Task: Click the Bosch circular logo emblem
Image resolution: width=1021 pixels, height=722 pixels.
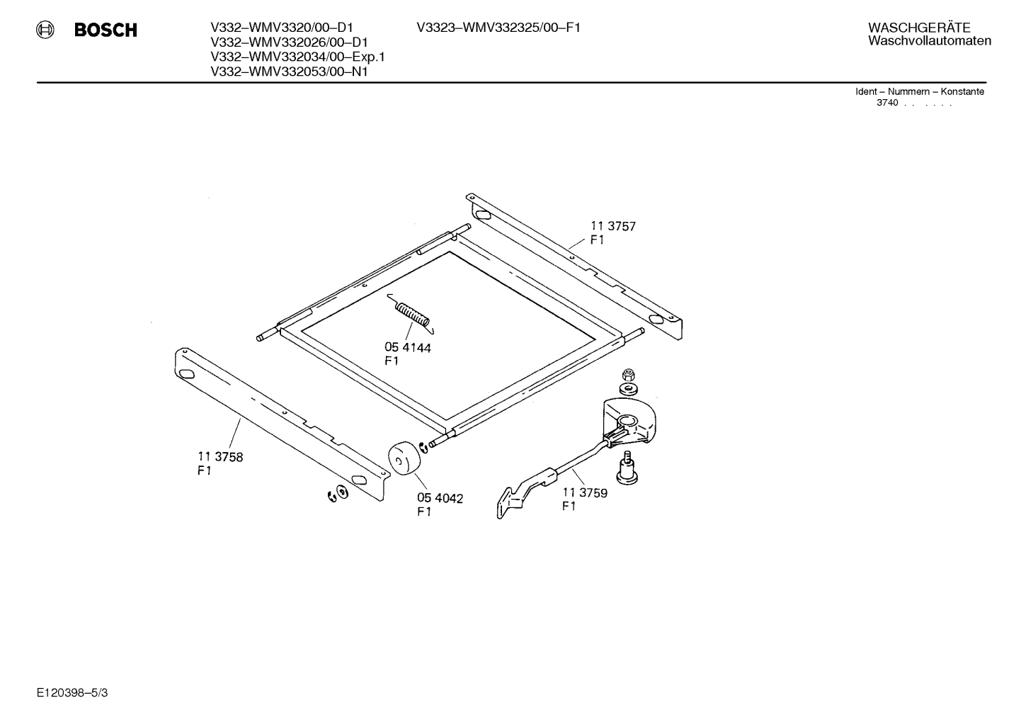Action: tap(45, 30)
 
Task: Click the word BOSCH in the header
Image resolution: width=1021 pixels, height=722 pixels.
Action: tap(105, 30)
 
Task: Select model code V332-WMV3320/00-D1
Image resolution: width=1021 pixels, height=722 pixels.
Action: tap(282, 28)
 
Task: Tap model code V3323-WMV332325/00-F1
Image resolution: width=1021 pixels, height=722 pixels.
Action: tap(498, 28)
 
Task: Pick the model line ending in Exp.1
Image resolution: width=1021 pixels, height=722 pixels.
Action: tap(297, 57)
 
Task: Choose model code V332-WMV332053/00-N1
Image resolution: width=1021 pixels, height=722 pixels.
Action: tap(289, 72)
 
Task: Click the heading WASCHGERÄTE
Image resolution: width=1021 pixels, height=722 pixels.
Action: tap(919, 28)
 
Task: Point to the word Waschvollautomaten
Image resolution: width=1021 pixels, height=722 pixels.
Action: tap(930, 40)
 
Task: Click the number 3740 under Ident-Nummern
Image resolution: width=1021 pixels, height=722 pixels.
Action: tap(887, 103)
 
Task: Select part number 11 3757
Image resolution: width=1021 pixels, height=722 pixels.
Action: tap(613, 226)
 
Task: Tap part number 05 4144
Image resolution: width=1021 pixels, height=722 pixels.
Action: tap(408, 348)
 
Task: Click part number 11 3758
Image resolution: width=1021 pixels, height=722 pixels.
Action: tap(220, 456)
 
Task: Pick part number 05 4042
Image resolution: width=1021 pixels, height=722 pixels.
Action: tap(440, 499)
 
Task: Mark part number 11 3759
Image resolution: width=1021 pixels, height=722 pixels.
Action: tap(585, 492)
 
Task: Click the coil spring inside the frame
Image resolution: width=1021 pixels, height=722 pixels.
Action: tap(411, 313)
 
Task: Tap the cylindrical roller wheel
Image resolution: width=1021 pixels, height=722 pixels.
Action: tap(404, 458)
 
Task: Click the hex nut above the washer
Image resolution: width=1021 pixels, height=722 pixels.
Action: tap(629, 375)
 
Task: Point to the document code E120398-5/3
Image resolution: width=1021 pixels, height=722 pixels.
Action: tap(72, 693)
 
